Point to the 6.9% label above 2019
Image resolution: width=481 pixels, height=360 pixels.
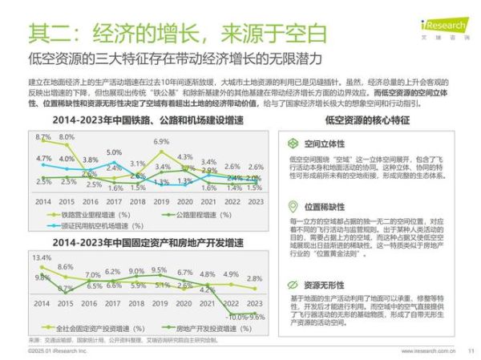(x=161, y=142)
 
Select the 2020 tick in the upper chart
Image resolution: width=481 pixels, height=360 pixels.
(x=184, y=203)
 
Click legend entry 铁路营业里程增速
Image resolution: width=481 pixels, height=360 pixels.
(x=89, y=215)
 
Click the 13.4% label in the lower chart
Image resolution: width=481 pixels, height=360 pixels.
(x=42, y=258)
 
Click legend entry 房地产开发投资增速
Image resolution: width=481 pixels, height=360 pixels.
(x=194, y=329)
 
